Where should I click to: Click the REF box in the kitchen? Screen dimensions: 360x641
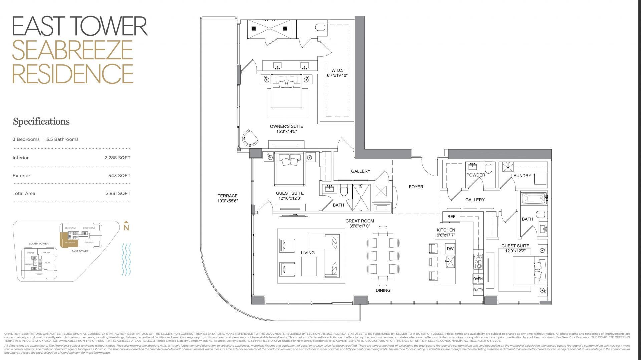click(451, 217)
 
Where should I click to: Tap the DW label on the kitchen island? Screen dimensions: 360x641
click(450, 249)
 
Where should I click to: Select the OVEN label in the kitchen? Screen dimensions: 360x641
click(478, 279)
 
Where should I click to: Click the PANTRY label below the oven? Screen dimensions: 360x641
click(478, 290)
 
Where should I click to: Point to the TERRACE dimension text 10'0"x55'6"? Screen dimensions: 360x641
click(228, 201)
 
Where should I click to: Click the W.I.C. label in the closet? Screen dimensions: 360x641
click(337, 70)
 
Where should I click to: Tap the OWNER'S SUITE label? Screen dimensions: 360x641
click(286, 126)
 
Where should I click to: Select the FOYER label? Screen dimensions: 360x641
click(416, 187)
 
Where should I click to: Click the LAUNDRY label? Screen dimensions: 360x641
click(521, 176)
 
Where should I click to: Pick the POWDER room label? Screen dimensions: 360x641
click(476, 175)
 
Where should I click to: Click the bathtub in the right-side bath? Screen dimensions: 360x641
click(533, 199)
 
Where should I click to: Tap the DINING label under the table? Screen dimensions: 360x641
click(383, 290)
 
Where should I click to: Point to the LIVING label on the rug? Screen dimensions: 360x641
click(307, 253)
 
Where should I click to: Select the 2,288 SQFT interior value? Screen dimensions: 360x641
click(117, 158)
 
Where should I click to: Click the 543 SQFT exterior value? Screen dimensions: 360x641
click(119, 175)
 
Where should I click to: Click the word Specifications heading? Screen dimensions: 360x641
click(41, 121)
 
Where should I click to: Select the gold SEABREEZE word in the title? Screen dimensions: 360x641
click(72, 50)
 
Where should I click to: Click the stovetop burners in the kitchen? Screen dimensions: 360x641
click(478, 261)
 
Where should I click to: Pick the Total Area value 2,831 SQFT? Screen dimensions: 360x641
click(118, 193)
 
